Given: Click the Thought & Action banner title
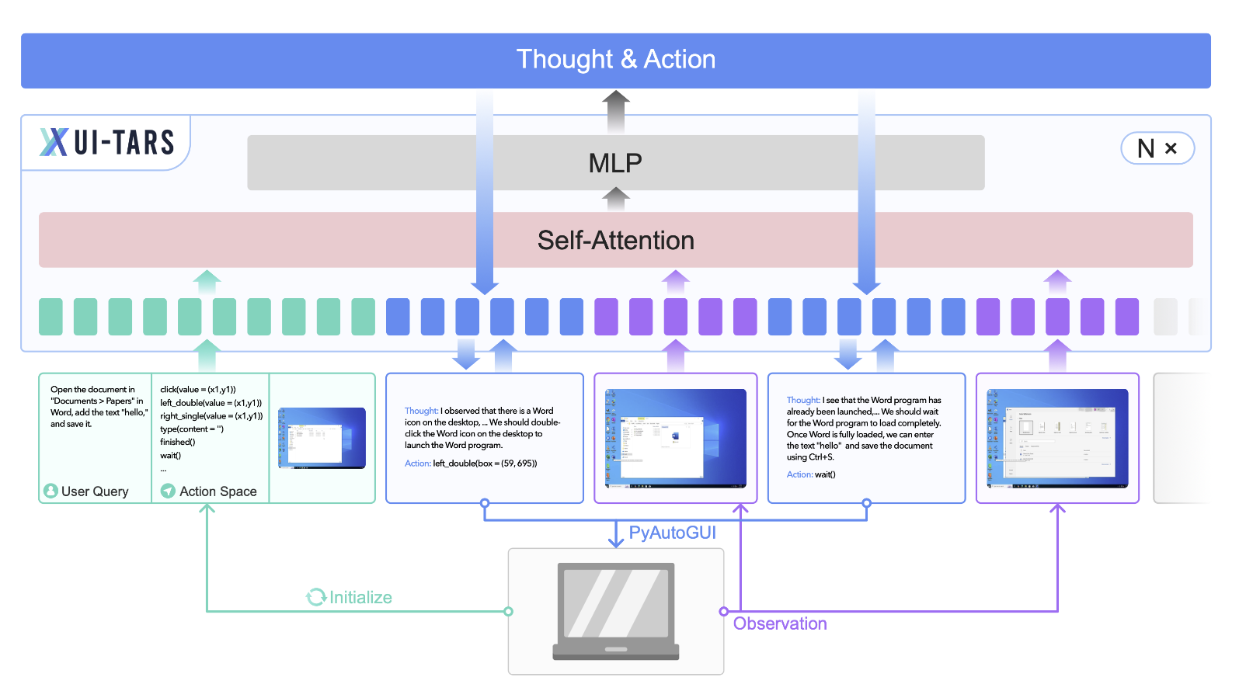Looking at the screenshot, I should tap(615, 60).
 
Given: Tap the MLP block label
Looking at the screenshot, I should tap(615, 163).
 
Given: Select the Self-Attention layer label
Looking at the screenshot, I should tap(615, 241).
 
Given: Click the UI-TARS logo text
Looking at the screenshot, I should tap(124, 143).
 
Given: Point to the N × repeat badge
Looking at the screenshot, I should tap(1157, 148).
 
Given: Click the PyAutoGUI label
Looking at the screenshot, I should tap(672, 533).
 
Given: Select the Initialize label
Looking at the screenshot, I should tap(360, 597).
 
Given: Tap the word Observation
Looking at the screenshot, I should tap(780, 623).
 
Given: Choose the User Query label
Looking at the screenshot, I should tap(94, 491).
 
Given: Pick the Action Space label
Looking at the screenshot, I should tap(218, 491).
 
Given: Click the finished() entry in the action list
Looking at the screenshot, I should tap(178, 442).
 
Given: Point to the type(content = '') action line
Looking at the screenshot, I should tap(192, 429).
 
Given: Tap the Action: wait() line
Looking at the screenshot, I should tap(811, 474).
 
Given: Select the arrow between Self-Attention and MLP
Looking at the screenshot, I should tap(616, 200).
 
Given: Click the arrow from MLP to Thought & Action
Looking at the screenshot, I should tap(616, 111).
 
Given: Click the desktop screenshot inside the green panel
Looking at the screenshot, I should tap(322, 438).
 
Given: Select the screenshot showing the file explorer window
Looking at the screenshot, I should tap(675, 439).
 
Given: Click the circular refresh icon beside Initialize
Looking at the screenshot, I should tap(316, 597).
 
